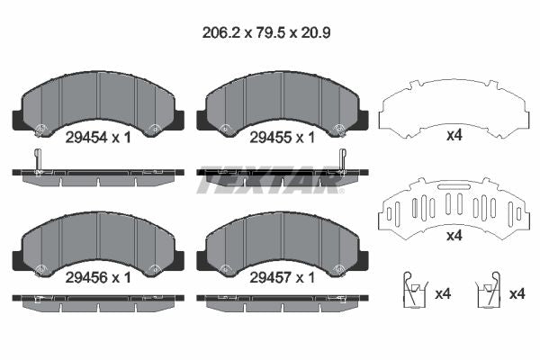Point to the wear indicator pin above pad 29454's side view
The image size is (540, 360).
[36, 160]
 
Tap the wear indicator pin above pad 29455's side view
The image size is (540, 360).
[342, 160]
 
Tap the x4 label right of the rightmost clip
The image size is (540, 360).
[516, 293]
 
